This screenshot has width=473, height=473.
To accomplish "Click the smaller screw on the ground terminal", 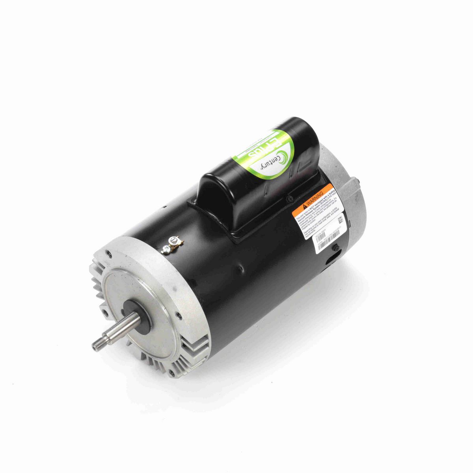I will click(x=166, y=248).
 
